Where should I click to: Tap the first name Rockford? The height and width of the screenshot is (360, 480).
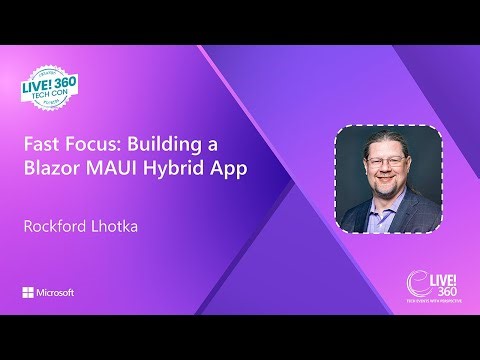tap(57, 226)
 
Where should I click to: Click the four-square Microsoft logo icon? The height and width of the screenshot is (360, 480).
tap(28, 293)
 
